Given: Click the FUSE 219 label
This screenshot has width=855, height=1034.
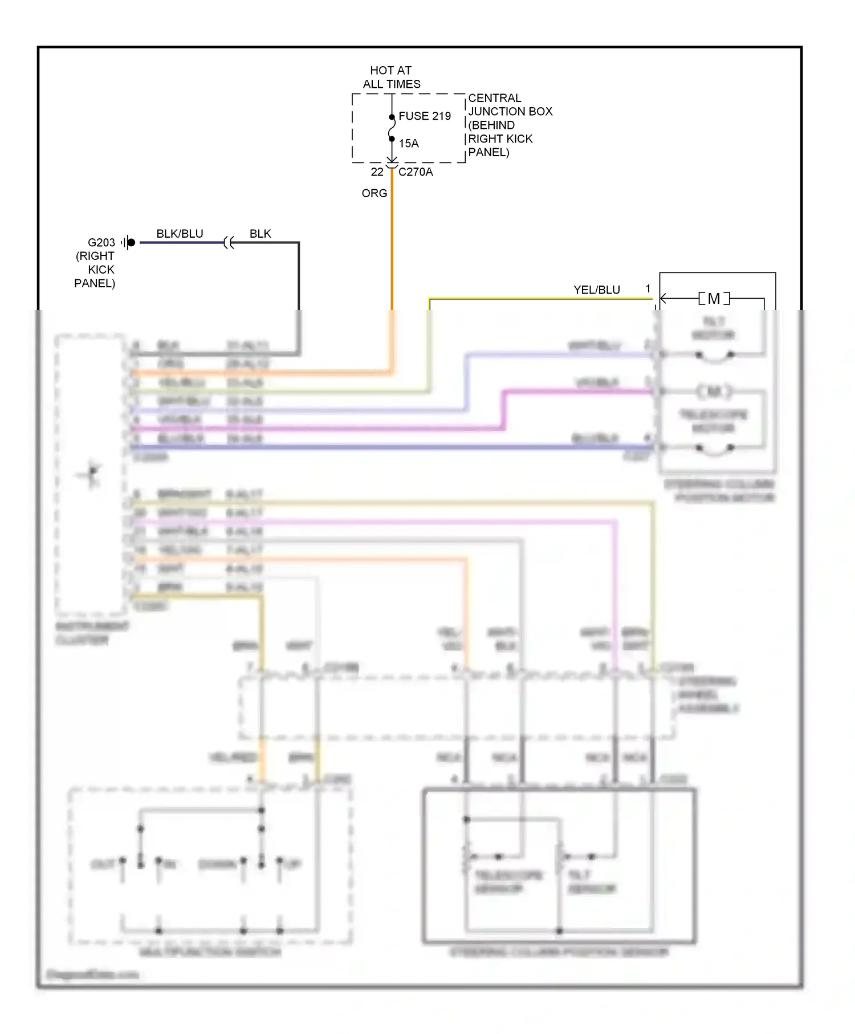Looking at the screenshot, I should coord(424,116).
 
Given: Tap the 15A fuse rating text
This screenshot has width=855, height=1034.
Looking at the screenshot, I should coord(408,144).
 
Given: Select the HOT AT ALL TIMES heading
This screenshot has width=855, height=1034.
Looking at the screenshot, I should coord(391,78).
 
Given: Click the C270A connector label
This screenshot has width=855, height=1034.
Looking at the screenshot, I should coord(416,172).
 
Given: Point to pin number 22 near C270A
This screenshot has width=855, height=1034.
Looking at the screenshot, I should coord(377,172).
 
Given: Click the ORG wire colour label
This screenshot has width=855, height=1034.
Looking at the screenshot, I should coord(374,194).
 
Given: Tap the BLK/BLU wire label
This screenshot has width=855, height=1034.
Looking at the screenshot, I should coord(180,234).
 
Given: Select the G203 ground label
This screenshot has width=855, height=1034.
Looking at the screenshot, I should coord(101,243).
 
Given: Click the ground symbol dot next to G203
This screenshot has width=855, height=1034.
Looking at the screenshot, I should coord(131,243).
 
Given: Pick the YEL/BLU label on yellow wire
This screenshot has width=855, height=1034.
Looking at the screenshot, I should coord(596,290).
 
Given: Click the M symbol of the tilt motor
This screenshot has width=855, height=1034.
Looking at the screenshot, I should coord(714,299).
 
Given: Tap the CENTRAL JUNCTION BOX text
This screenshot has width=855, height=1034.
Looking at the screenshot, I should coord(510,105).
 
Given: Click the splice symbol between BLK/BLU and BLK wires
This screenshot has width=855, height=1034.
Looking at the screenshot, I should coord(229,243).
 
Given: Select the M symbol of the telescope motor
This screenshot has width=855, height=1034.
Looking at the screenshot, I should coord(714,392).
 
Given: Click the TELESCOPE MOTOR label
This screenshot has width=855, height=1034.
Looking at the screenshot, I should coord(713,421).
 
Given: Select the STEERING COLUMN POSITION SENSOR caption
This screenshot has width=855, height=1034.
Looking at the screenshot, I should coord(559,952).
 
